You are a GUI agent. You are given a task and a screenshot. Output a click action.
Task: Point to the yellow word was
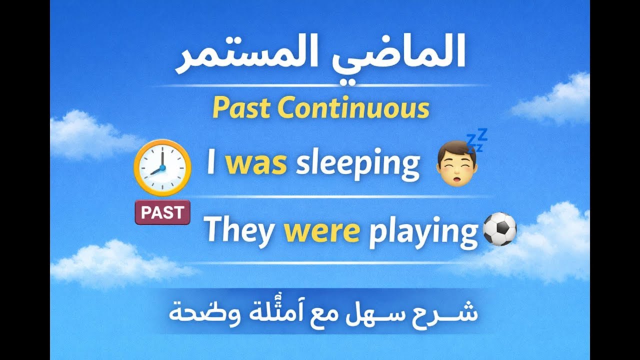tap(255, 164)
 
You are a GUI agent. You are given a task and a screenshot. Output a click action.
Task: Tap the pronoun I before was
tap(211, 164)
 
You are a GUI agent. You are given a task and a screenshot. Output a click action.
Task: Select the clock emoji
tap(163, 167)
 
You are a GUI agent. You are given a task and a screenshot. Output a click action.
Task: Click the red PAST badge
tap(162, 213)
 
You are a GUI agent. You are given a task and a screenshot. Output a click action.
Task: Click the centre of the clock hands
tap(163, 168)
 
